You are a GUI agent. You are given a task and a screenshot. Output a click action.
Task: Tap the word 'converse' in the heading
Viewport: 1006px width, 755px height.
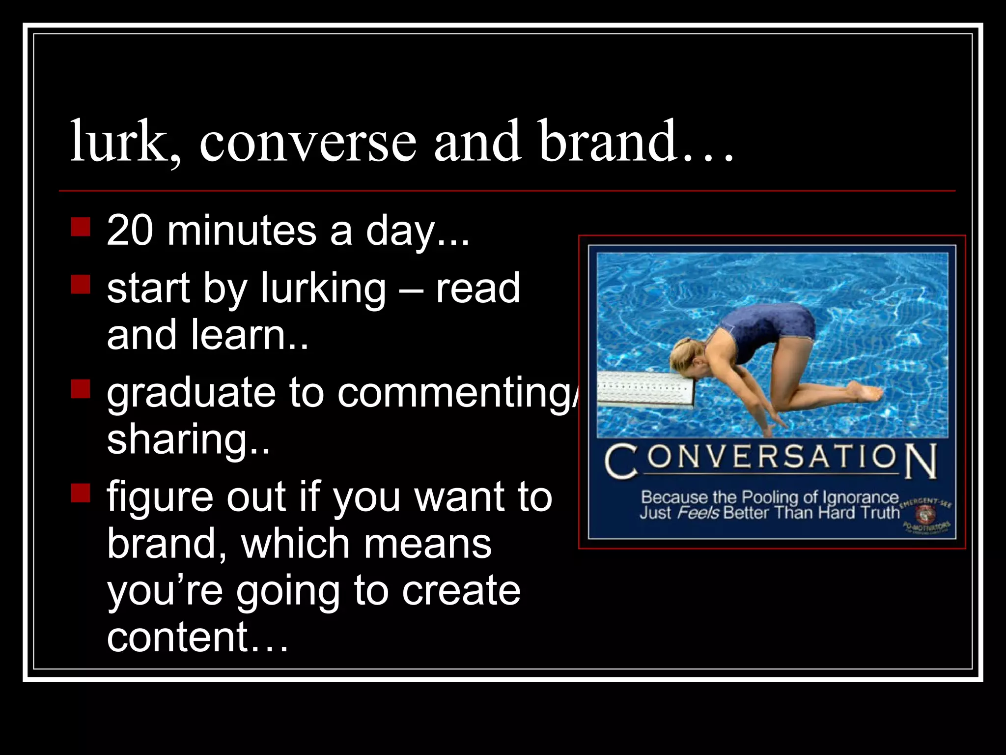[307, 143]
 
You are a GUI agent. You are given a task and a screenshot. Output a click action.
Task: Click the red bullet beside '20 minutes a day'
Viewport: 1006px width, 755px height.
[81, 227]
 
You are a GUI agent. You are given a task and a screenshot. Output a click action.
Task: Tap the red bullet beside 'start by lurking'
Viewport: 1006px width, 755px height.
[81, 284]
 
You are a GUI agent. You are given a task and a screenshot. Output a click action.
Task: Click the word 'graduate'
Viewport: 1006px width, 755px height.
[191, 393]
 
